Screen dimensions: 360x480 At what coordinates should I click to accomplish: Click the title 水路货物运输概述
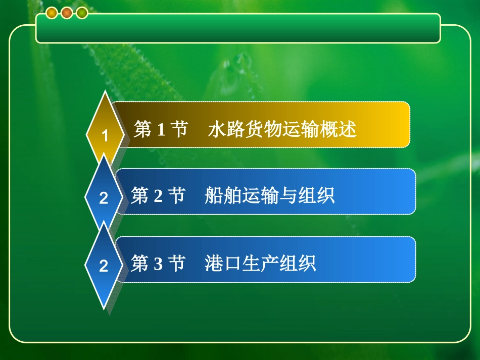282,130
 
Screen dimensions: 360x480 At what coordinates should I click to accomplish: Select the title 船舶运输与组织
270,195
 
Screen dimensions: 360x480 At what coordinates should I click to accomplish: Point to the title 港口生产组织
260,264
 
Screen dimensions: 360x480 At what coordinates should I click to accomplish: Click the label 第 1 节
161,130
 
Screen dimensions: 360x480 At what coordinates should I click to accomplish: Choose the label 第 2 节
158,195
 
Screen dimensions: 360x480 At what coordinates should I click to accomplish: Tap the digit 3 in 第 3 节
158,264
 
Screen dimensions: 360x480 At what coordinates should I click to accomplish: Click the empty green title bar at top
238,28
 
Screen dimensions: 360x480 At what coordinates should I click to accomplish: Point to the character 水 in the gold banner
216,130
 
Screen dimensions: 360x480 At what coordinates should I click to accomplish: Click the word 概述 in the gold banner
339,130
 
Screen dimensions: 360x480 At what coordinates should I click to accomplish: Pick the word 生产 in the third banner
260,264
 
